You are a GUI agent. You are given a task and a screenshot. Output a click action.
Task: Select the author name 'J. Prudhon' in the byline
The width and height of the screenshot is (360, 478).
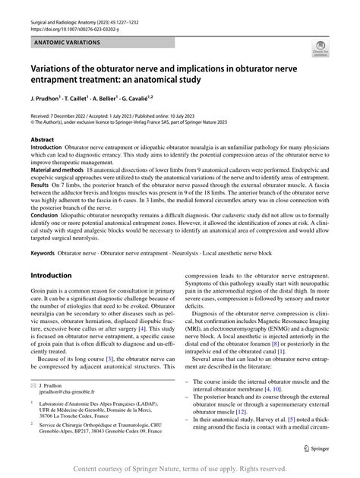(49, 98)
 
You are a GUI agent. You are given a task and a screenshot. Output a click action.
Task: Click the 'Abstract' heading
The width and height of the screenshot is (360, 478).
(42, 140)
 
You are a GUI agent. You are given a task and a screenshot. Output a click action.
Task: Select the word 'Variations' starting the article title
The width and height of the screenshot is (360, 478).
(59, 67)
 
